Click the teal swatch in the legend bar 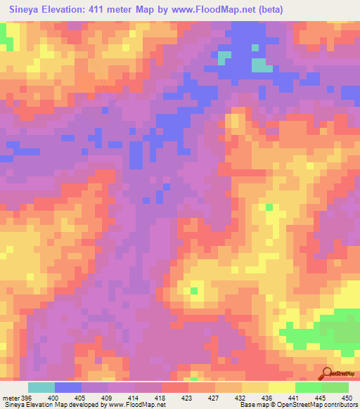coord(41,387)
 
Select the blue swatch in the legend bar coord(68,387)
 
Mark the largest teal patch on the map coord(261,65)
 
